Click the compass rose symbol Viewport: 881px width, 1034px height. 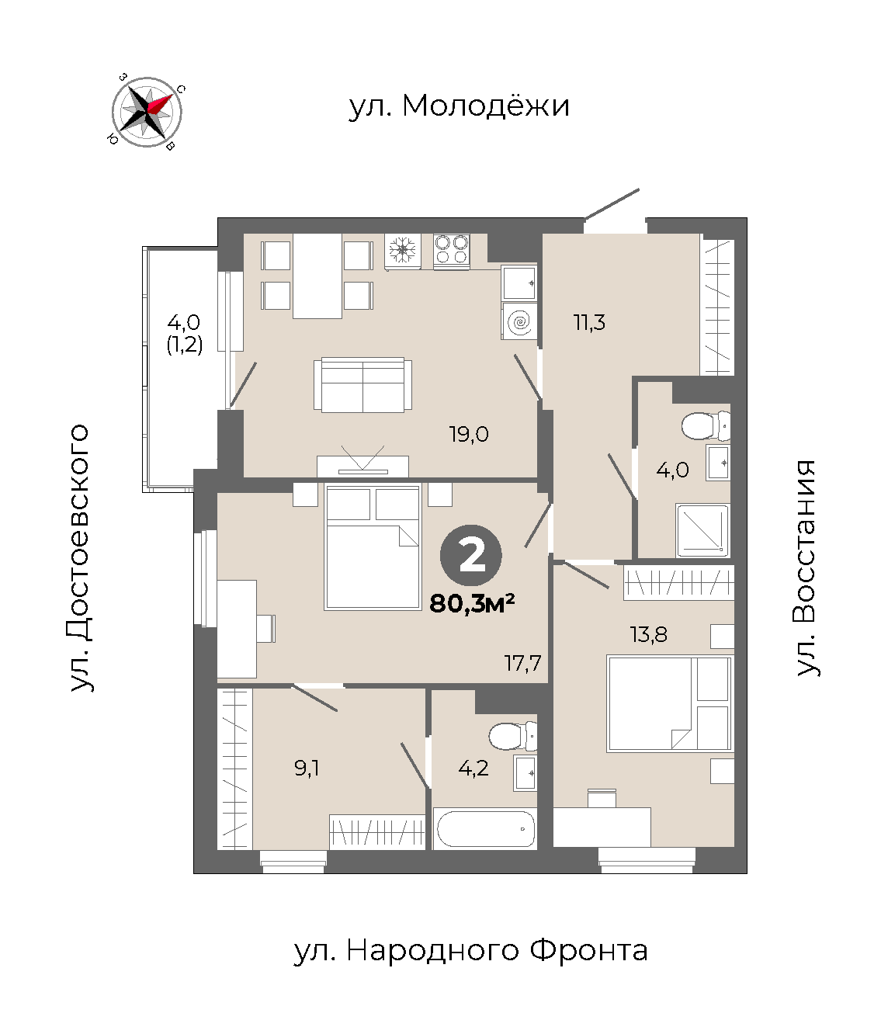pos(147,112)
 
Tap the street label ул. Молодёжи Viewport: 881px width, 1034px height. pos(459,106)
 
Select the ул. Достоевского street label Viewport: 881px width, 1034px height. pos(79,558)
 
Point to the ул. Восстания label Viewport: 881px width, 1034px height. pos(806,568)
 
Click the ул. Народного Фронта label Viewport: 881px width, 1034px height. pos(470,950)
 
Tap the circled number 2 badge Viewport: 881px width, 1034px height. pos(470,555)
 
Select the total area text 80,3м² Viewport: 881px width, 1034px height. pos(472,604)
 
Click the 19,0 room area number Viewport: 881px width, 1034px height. pos(469,434)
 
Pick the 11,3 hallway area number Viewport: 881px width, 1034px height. pos(589,323)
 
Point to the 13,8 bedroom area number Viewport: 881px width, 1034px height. pos(649,635)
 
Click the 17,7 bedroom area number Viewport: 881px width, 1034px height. pos(522,663)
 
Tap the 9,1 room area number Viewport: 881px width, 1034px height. pos(307,769)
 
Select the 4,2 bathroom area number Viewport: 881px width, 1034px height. pos(473,769)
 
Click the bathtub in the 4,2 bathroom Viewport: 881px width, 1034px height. pos(485,828)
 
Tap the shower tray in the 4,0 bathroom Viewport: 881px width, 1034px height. pos(703,531)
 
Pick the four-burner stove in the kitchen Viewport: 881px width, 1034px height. pos(451,252)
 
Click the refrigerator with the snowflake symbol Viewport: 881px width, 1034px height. pos(403,252)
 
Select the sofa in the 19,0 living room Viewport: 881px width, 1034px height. pos(362,385)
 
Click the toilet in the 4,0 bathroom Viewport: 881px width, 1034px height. pos(706,425)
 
